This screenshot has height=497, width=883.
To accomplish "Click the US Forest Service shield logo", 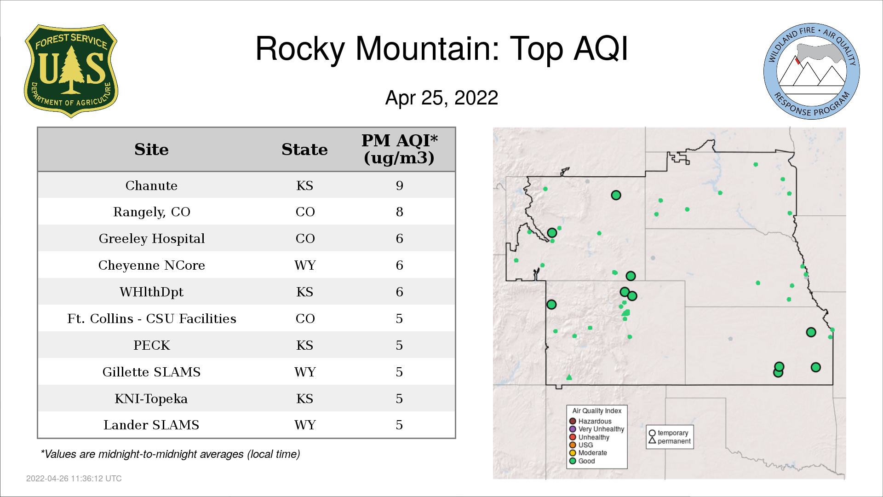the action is click(71, 71).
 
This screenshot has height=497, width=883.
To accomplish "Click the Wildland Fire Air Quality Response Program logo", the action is click(812, 71).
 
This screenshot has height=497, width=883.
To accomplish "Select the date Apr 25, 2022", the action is click(441, 98).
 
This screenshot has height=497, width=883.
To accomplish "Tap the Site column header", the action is click(151, 150).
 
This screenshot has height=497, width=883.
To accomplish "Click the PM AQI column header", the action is click(399, 149).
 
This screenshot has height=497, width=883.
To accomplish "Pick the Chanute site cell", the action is click(151, 185).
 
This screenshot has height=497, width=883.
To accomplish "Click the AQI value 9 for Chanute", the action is click(399, 185).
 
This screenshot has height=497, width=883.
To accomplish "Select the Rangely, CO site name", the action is click(151, 212).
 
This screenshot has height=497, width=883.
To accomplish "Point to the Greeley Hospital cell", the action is click(151, 239).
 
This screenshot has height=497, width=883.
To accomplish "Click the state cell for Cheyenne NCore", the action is click(305, 266).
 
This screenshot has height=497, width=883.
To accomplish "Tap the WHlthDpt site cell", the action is click(151, 292).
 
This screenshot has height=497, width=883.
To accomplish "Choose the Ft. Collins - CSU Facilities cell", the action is click(151, 319).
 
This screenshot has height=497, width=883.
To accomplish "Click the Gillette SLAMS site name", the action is click(151, 372).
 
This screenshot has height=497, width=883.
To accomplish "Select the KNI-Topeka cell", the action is click(151, 399).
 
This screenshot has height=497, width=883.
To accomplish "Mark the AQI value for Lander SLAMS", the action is click(399, 425).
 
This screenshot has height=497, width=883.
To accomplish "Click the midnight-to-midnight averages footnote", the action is click(170, 454).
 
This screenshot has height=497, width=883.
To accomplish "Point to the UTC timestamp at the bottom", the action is click(74, 479).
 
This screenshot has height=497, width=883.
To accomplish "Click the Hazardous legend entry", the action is click(591, 421).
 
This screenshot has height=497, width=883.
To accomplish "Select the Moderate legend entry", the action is click(588, 453).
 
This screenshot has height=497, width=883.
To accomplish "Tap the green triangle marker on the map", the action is click(569, 377).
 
